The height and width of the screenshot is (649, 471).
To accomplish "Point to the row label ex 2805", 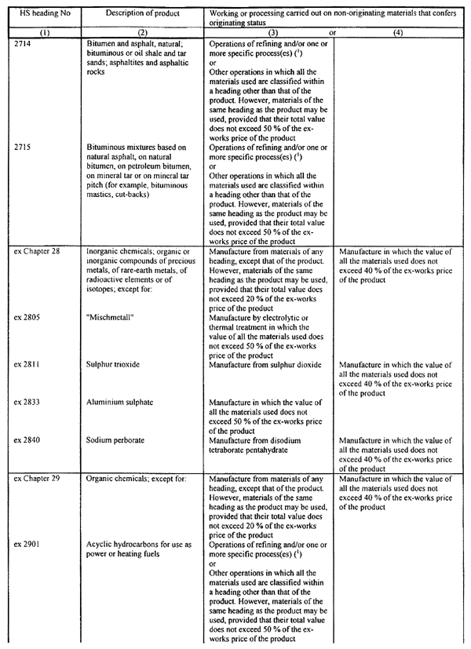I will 27,318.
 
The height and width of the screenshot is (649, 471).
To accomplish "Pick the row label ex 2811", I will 27,364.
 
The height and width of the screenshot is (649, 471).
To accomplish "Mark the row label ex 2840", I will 27,439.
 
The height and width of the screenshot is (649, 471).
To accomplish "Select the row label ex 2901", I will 27,544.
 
